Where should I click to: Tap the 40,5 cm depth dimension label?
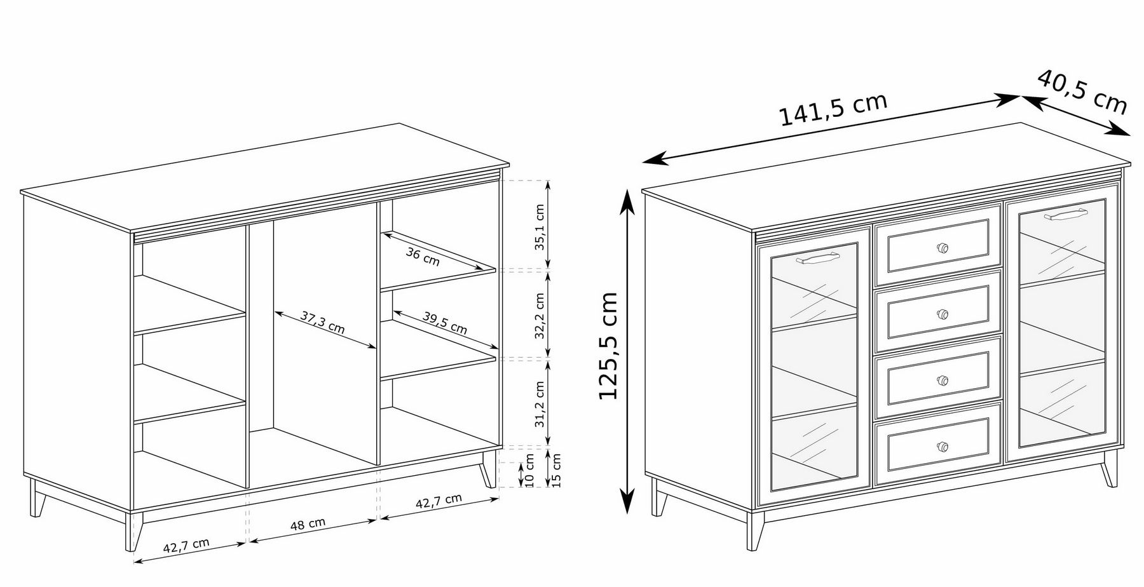[1082, 92]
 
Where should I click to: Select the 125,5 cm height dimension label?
[609, 346]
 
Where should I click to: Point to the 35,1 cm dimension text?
[540, 227]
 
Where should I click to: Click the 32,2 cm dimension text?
[540, 316]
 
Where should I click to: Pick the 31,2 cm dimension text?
[540, 404]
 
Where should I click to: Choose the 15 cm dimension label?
[557, 469]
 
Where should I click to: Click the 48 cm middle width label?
[308, 524]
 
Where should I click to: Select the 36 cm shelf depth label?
[423, 256]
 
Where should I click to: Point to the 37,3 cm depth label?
[322, 322]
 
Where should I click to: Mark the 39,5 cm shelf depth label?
[444, 323]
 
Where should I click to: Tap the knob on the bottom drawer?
[943, 445]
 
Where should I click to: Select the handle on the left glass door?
[815, 258]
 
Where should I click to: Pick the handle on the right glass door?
[1063, 214]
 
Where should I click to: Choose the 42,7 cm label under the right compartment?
[439, 501]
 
